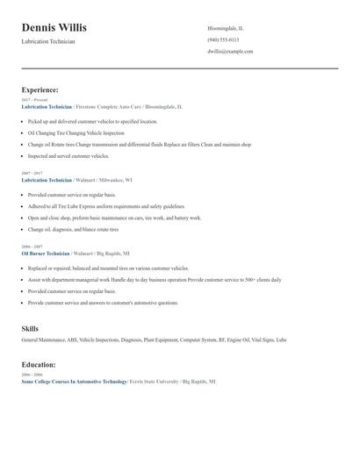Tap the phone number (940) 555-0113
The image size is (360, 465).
(224, 40)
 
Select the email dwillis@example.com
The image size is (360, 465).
(230, 52)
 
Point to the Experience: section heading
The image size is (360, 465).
(40, 89)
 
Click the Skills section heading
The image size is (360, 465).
(30, 329)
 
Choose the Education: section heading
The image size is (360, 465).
(39, 364)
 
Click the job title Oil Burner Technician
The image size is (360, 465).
(50, 253)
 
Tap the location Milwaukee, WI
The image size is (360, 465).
(117, 180)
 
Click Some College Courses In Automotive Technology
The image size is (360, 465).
(74, 383)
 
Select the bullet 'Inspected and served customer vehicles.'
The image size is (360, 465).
(68, 156)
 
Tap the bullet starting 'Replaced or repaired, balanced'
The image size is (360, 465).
(108, 268)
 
